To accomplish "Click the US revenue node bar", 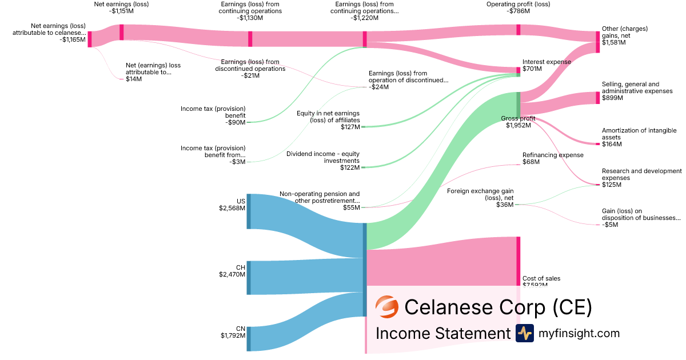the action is coord(249,211).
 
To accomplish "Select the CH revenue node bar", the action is coord(249,278).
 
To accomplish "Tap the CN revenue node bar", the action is coord(249,339).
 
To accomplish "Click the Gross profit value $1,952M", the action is coord(519,126).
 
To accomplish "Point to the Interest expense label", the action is coord(547,62).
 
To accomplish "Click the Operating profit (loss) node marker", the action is coord(519,30).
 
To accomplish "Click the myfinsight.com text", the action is coord(579,334).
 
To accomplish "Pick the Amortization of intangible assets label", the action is coord(639,134).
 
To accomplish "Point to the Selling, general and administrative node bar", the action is coord(598,98).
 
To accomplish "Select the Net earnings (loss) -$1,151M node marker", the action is coord(121,32).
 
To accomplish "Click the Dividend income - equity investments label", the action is coord(323,157).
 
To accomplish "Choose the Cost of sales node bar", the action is coord(519,261).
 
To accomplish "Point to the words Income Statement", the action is coord(443,334).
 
